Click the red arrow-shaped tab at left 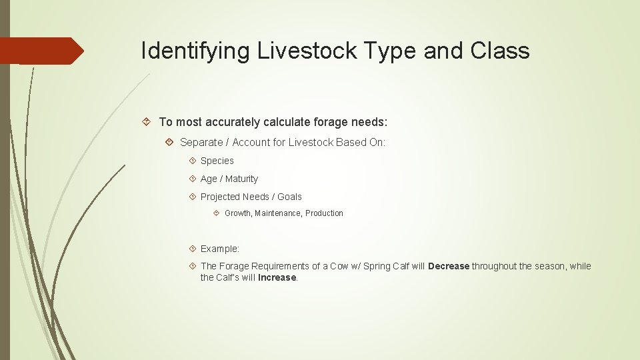pyautogui.click(x=41, y=51)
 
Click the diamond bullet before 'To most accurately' pyautogui.click(x=146, y=121)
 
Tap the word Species pyautogui.click(x=217, y=161)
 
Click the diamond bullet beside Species pyautogui.click(x=192, y=161)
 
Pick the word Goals pyautogui.click(x=289, y=197)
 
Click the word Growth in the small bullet pyautogui.click(x=237, y=213)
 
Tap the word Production pyautogui.click(x=324, y=213)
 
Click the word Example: pyautogui.click(x=220, y=249)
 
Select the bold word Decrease pyautogui.click(x=449, y=266)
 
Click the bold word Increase pyautogui.click(x=277, y=277)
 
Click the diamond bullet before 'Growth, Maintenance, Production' pyautogui.click(x=216, y=213)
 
